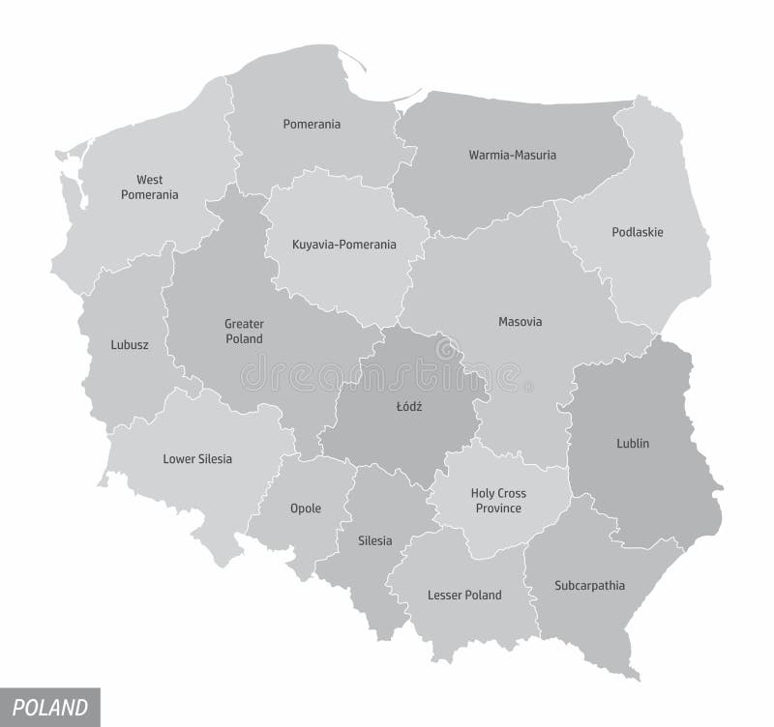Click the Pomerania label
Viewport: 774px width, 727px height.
pos(312,124)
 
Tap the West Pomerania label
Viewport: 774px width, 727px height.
pos(149,187)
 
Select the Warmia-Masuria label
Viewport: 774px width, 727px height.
pos(513,155)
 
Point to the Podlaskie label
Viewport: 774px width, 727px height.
pos(638,232)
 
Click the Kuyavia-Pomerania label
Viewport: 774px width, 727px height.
pos(344,245)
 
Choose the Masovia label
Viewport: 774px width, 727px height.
pos(521,321)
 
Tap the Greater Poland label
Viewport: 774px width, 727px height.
pos(244,331)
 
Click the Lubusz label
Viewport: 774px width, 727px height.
pos(130,343)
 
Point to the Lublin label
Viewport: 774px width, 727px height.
pos(633,443)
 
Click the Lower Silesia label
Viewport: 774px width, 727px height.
pos(197,458)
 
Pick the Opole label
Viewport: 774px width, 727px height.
pos(306,509)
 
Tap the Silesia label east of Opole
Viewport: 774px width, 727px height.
pos(374,540)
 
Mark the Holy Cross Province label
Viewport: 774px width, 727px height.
pos(498,501)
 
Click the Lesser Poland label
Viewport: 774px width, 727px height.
pos(464,595)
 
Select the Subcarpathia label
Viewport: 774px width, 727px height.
pos(590,585)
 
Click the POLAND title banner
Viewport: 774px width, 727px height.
pos(49,706)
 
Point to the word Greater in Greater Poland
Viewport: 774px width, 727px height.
pos(244,323)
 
